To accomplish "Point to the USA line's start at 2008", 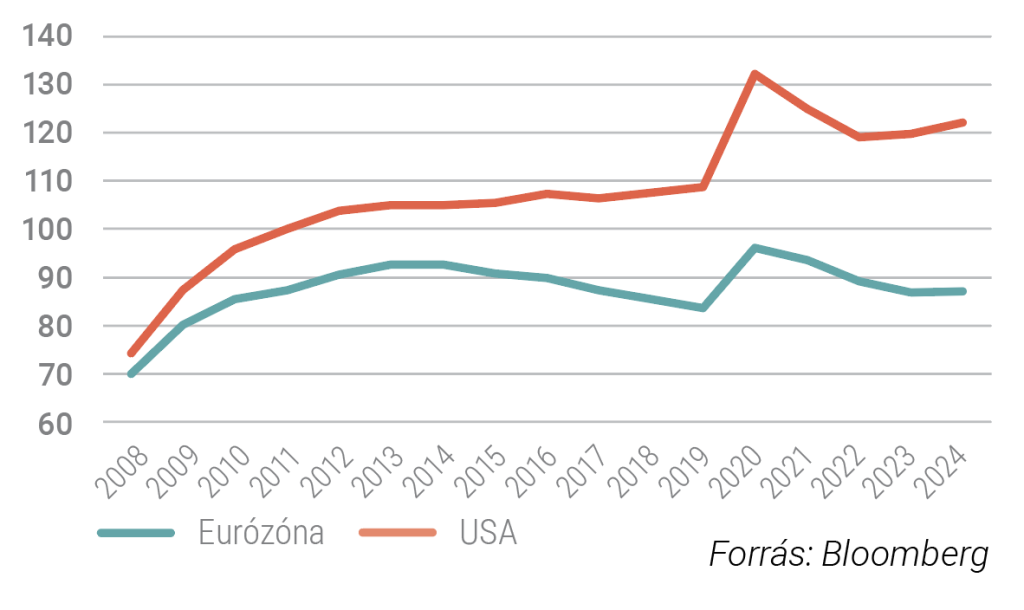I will (x=130, y=354).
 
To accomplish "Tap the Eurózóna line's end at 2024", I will (x=963, y=291).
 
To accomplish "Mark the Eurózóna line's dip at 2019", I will (x=703, y=308).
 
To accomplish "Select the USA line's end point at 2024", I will (x=963, y=122).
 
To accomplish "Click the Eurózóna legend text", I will (x=261, y=532).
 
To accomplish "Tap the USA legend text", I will (x=489, y=532).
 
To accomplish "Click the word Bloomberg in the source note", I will (x=905, y=554).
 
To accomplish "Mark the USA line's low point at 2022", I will (x=859, y=137).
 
